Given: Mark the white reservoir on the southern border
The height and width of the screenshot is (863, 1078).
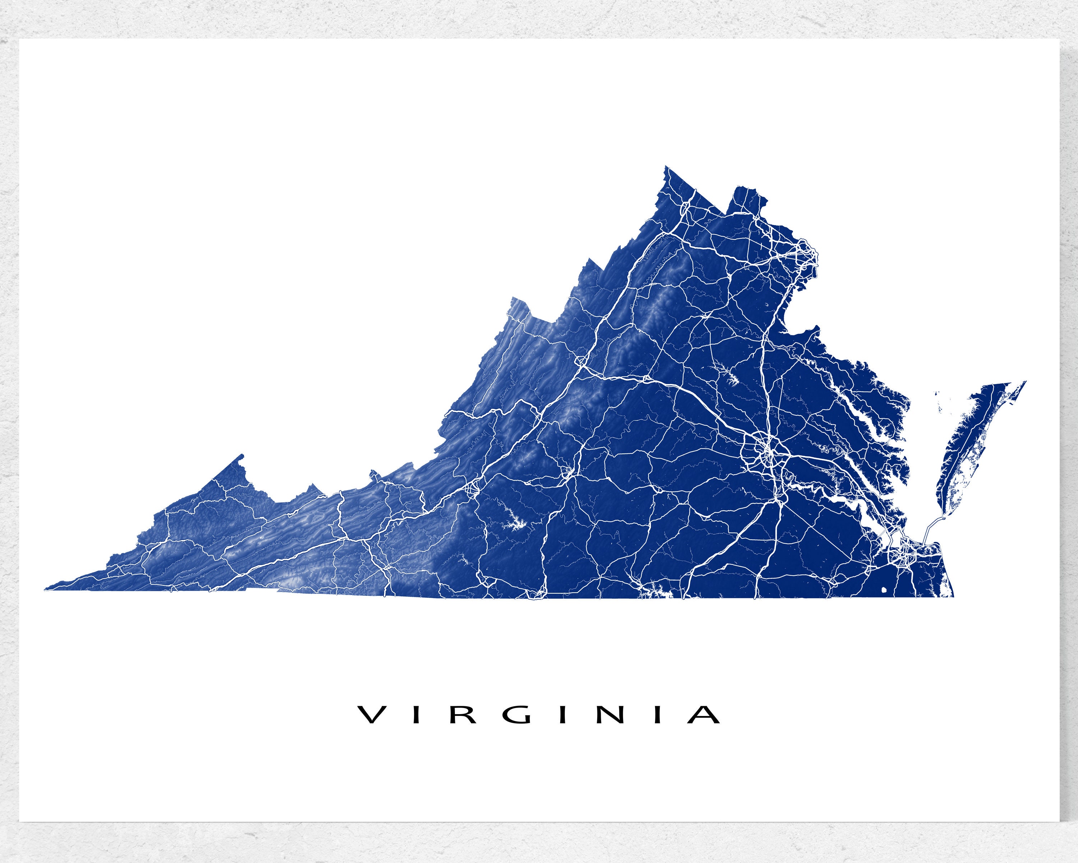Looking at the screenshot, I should point(655,590).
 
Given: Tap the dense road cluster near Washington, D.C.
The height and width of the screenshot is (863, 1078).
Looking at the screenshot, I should point(805,253).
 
